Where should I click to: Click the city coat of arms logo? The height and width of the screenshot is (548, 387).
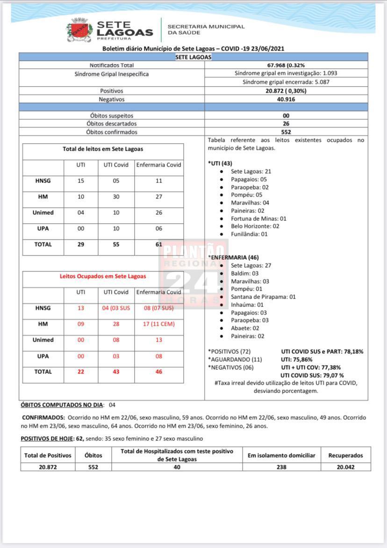tap(79, 29)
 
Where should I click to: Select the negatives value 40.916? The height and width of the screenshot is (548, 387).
tap(286, 99)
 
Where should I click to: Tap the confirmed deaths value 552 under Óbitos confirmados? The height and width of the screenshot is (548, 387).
tap(286, 132)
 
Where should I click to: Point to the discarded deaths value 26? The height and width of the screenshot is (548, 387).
tap(286, 124)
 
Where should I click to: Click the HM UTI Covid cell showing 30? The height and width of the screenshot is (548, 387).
tap(116, 197)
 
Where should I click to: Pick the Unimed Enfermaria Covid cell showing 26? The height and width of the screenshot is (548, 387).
tap(159, 212)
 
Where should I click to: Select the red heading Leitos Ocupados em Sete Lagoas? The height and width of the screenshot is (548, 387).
tap(103, 276)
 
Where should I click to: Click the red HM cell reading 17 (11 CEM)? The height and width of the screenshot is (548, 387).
tap(159, 324)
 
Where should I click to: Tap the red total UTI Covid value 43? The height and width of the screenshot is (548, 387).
tap(116, 372)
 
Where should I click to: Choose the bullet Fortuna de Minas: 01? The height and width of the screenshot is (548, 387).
tap(258, 219)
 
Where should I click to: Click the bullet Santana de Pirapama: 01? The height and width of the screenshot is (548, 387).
tap(263, 297)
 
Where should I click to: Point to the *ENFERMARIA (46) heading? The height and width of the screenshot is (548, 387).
tap(233, 257)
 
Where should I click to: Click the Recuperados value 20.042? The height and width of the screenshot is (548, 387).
tap(346, 467)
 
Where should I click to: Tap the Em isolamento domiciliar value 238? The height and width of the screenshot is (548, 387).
tap(281, 467)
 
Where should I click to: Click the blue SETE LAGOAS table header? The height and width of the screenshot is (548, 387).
tap(193, 57)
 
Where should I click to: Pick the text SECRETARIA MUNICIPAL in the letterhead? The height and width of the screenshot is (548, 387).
tap(206, 27)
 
